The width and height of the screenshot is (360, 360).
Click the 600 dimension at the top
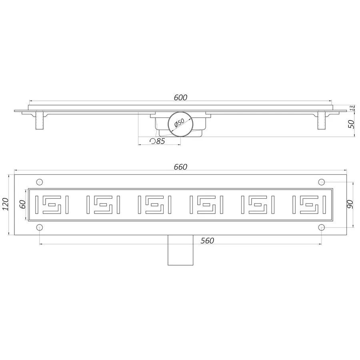coord(180,97)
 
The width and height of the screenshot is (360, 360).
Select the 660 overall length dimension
coord(180,167)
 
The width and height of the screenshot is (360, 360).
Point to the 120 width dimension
coord(5,204)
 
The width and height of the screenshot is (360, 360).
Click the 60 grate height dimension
coord(23,204)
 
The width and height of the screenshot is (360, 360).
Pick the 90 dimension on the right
coord(349,204)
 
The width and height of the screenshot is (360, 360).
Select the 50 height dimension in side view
coord(351,124)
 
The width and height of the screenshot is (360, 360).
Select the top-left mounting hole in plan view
coord(40,182)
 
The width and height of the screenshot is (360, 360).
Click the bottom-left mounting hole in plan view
coord(40,227)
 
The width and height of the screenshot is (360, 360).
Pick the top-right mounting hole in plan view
coord(322,182)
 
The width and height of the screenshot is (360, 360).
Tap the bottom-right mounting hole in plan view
coord(322,227)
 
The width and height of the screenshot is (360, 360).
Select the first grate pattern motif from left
coord(52,204)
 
